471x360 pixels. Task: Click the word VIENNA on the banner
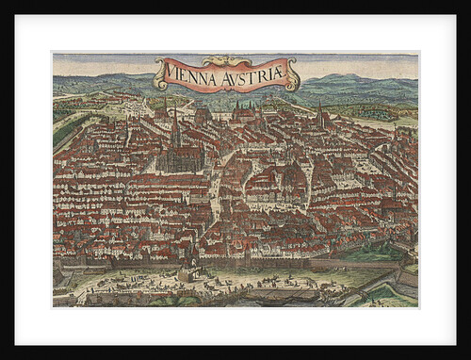(191, 71)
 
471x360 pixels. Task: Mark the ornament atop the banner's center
(226, 58)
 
